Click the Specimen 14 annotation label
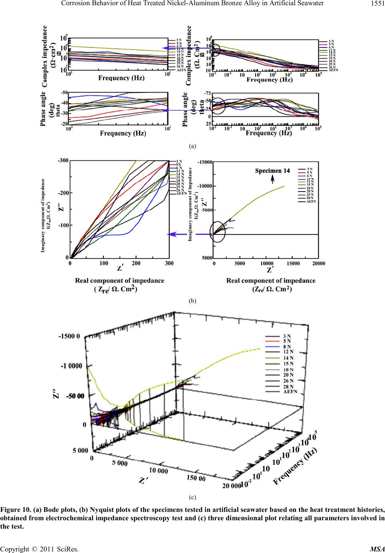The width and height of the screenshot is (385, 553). pos(272,171)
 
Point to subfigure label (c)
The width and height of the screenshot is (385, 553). pos(192,497)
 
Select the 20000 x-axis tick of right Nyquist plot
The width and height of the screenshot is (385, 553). pos(318,263)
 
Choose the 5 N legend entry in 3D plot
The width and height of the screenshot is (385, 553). pos(286,341)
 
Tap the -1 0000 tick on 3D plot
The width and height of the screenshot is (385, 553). pos(70,366)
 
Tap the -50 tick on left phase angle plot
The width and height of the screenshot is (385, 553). pos(64,93)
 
